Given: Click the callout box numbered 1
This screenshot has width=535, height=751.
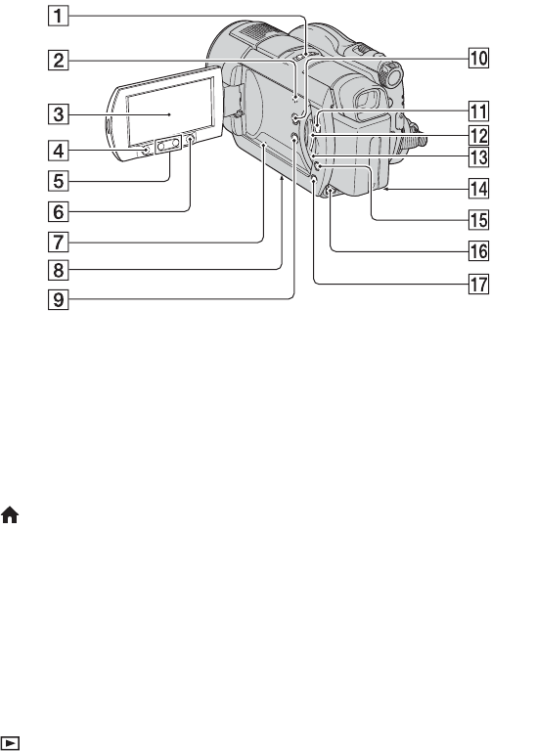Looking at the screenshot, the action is [58, 16].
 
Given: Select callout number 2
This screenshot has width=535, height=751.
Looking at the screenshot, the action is [58, 61].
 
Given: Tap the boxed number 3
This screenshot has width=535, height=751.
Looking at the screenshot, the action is [58, 114].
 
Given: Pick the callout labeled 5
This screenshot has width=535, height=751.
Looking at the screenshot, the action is [58, 181].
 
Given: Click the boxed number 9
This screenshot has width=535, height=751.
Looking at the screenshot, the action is [58, 299].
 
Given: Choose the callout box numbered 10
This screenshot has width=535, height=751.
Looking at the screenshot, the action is [478, 58].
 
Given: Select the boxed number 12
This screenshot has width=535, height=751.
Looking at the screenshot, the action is [478, 136].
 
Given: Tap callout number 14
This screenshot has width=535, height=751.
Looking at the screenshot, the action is [478, 189].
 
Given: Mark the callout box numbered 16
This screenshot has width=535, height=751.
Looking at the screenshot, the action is [478, 251].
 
